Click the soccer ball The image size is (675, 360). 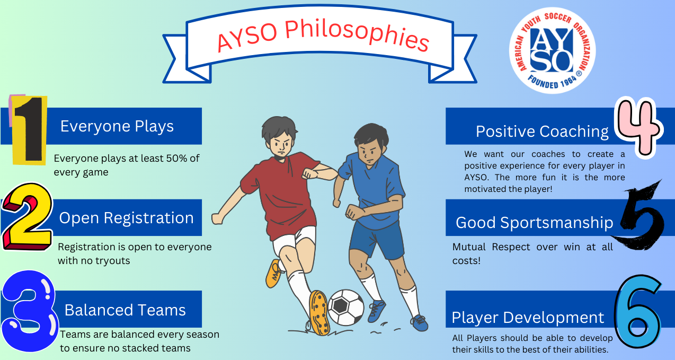coord(345,308)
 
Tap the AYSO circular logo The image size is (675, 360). coord(553,50)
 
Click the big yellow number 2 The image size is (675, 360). coord(27,216)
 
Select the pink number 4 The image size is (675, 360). coord(638,127)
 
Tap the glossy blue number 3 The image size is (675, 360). coord(29,311)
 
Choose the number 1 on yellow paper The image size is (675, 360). coord(29,130)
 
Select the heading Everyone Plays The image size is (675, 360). coord(117,126)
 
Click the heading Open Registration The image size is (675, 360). coord(126,218)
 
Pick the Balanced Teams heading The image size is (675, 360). coord(125,310)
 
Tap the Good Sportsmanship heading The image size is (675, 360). coord(534,223)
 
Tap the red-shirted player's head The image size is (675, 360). coord(279,136)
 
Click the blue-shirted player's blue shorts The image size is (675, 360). coord(376,240)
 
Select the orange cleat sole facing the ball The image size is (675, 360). coord(319,313)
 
